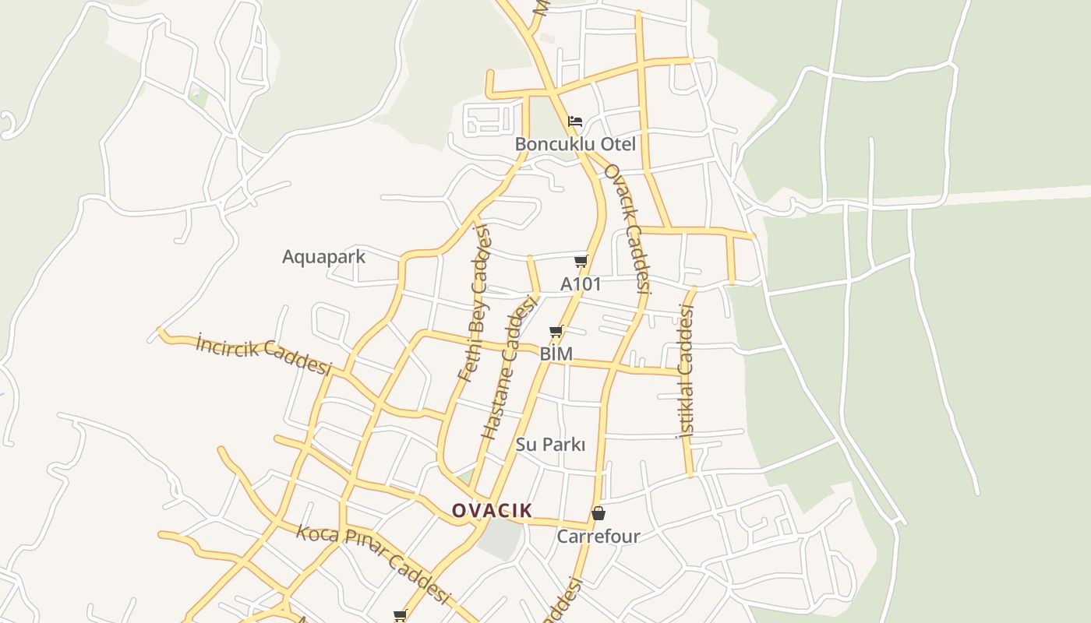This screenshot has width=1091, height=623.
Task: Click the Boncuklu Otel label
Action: pos(575,144)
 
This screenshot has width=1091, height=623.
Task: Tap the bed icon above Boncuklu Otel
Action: pos(575,121)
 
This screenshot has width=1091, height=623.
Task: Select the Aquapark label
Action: pos(323,256)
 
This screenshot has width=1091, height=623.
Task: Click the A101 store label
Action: pos(581,284)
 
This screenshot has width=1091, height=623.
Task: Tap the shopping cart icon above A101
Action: pos(581,261)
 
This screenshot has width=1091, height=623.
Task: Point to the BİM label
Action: pos(556,354)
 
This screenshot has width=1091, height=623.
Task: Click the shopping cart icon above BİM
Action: pos(556,332)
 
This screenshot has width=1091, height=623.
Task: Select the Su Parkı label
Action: pos(550,444)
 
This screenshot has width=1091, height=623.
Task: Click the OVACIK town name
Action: pos(492,511)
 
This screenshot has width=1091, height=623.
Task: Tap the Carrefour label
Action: pos(598,536)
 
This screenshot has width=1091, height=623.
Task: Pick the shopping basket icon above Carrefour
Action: pos(598,513)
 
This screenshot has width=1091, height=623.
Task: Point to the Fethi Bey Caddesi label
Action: pos(474,304)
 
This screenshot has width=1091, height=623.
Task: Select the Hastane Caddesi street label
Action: pos(510,367)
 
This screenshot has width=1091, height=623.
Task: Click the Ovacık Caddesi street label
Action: pos(628,227)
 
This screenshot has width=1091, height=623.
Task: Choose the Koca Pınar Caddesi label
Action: pos(373,564)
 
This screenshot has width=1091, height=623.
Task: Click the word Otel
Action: pos(618,144)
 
